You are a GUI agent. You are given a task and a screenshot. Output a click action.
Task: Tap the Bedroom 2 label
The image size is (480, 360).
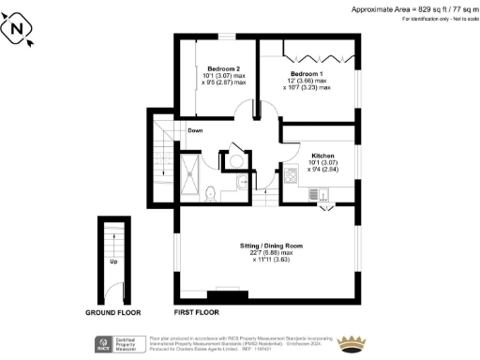tap(224, 69)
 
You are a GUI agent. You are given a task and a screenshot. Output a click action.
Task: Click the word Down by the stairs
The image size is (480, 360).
tap(194, 130)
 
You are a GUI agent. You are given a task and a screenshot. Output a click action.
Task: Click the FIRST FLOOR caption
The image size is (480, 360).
tap(196, 310)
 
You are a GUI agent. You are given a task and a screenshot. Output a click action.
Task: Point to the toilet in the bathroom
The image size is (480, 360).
tap(212, 193)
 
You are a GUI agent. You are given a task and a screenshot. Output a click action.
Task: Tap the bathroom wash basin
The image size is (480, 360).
tap(242, 185)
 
